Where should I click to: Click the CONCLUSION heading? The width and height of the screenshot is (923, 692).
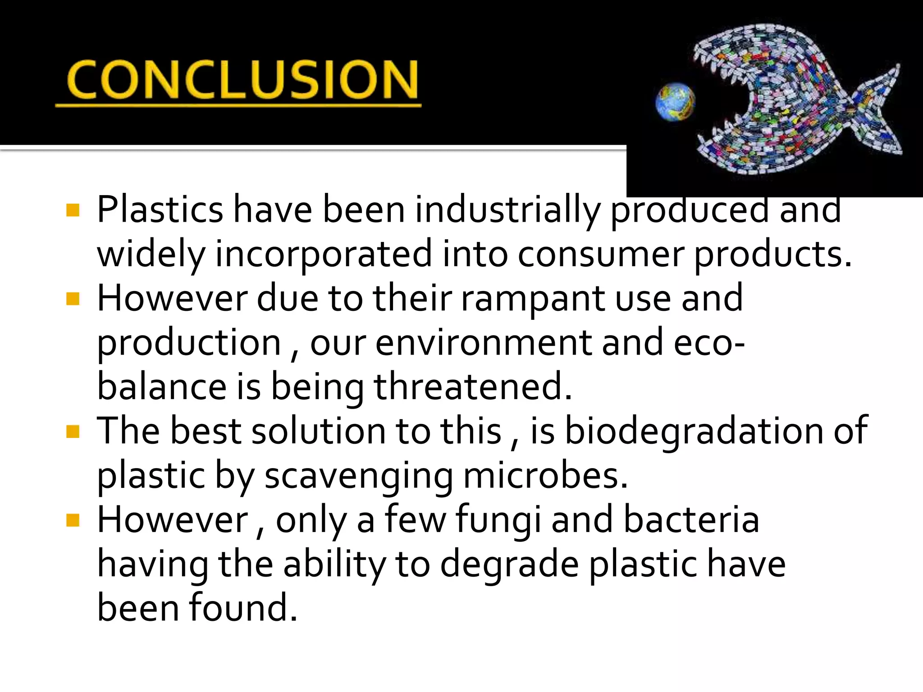pos(242,80)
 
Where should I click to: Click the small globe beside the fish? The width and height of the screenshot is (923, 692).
pos(675,102)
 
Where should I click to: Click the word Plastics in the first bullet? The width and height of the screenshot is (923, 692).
pos(160,210)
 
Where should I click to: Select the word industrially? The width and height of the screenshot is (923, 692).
pos(507,210)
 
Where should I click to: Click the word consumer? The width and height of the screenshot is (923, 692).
pos(601,254)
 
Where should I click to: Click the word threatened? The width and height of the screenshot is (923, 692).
pos(473,387)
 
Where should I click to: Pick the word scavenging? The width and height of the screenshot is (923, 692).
pos(358,476)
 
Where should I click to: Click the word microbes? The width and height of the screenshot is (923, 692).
pos(545,476)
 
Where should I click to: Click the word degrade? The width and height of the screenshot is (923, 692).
pos(509,564)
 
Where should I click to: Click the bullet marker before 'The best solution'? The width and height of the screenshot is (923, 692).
pos(73,431)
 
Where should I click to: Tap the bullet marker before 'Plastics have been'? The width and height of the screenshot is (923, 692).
pos(73,210)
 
